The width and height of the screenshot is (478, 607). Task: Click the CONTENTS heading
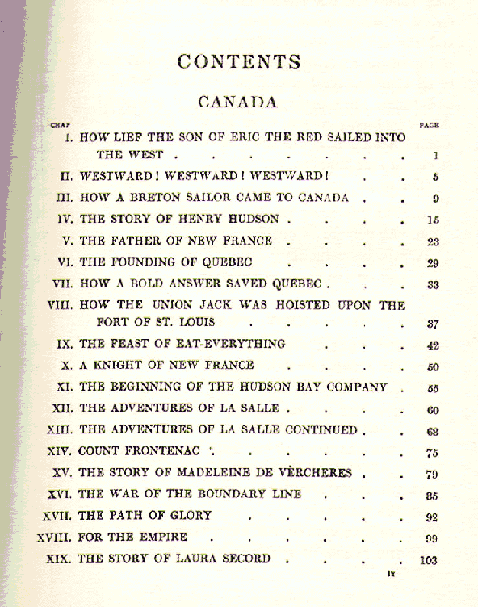pyautogui.click(x=239, y=62)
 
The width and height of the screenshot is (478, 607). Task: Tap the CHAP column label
pyautogui.click(x=61, y=125)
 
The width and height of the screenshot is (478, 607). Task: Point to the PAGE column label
pyautogui.click(x=430, y=125)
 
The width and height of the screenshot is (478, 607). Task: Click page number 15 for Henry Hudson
pyautogui.click(x=434, y=220)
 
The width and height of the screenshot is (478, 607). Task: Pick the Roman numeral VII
pyautogui.click(x=61, y=284)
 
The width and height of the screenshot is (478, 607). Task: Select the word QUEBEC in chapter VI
pyautogui.click(x=230, y=262)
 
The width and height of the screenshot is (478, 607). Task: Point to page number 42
pyautogui.click(x=433, y=345)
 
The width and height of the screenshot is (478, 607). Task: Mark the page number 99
pyautogui.click(x=432, y=539)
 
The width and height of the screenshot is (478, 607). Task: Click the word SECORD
pyautogui.click(x=240, y=559)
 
